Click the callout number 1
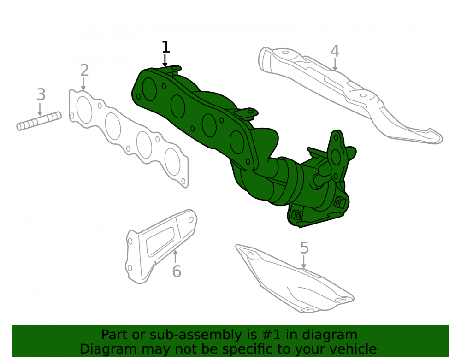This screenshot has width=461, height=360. [x=166, y=47]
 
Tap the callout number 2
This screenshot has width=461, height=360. [x=84, y=71]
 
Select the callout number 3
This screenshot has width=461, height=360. [x=41, y=94]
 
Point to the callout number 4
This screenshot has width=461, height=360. [x=335, y=51]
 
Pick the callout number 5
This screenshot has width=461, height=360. [x=304, y=248]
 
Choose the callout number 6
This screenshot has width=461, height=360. [x=177, y=271]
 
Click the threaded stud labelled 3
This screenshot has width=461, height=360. [x=39, y=121]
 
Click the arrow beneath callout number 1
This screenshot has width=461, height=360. [x=165, y=61]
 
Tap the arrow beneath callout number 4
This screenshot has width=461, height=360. [x=335, y=65]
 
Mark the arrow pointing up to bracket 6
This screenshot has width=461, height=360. [x=175, y=256]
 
